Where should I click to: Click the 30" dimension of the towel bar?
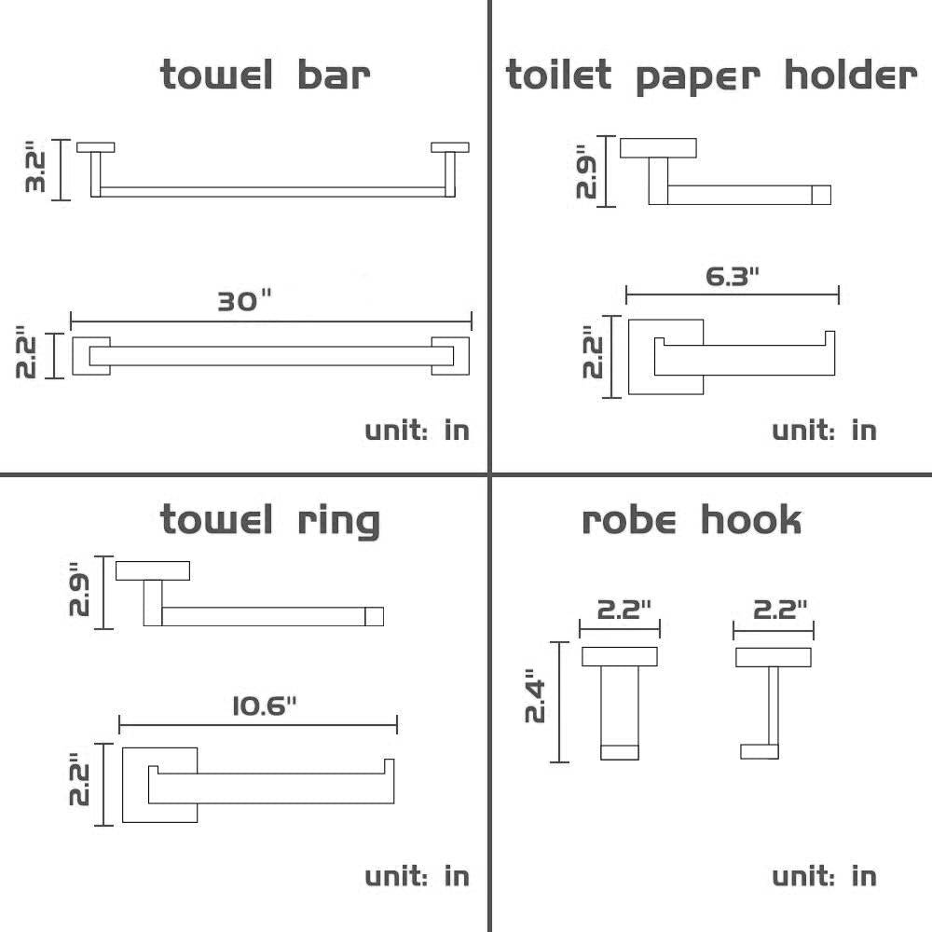(244, 301)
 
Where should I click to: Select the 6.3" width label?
(733, 276)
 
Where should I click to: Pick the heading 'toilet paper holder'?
(710, 75)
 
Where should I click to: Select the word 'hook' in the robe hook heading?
(750, 520)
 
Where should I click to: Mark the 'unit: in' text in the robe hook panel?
(824, 876)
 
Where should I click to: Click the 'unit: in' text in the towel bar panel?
(417, 430)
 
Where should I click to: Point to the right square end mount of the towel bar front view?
(452, 355)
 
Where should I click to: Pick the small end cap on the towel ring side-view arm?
(374, 616)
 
